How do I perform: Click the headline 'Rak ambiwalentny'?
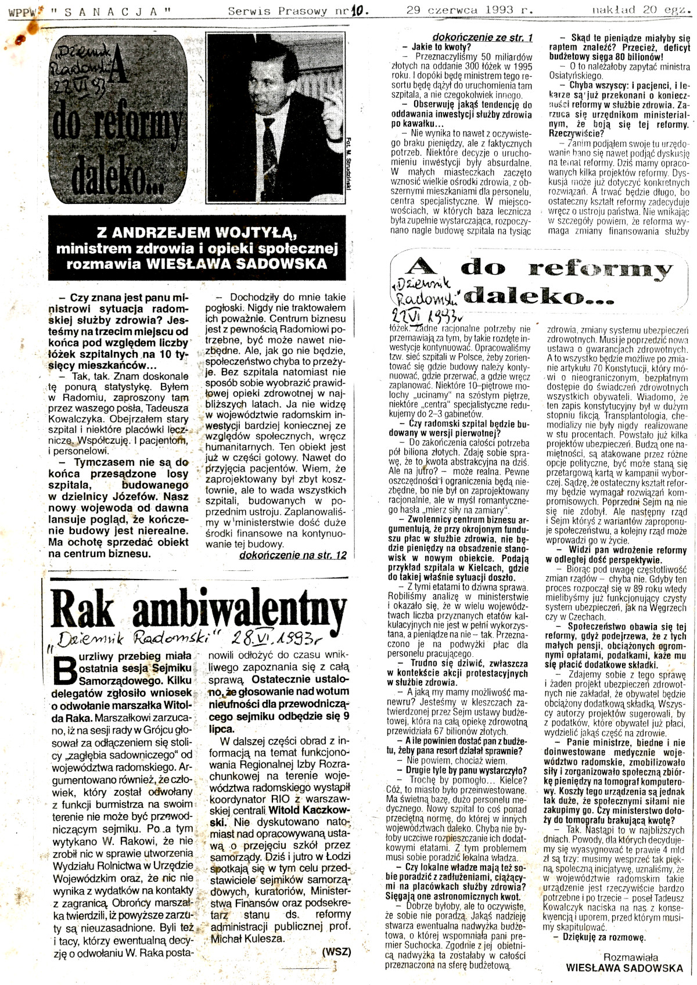click(x=198, y=609)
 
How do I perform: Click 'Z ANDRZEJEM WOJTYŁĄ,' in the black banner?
click(x=197, y=233)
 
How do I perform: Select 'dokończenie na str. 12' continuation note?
click(x=293, y=555)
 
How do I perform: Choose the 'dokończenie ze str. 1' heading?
click(x=482, y=37)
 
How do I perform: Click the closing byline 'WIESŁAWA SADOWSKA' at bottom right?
click(x=624, y=968)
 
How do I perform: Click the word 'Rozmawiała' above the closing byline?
click(x=630, y=957)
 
